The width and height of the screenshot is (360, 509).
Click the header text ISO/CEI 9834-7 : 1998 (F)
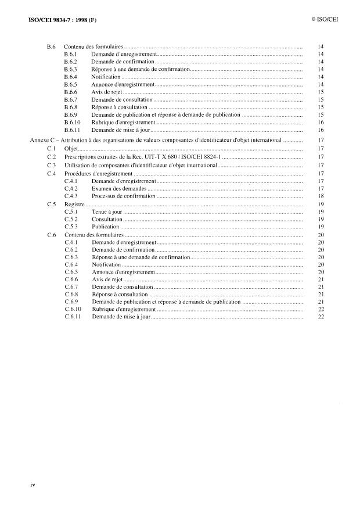pyautogui.click(x=54, y=20)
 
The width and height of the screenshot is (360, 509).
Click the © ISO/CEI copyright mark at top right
pyautogui.click(x=325, y=20)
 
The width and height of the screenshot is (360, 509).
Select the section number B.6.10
pyautogui.click(x=72, y=123)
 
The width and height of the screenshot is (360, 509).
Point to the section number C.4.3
pyautogui.click(x=71, y=196)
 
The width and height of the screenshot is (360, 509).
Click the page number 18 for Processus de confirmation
pyautogui.click(x=321, y=196)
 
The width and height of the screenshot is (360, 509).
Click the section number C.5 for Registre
pyautogui.click(x=52, y=204)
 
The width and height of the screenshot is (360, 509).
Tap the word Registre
pyautogui.click(x=74, y=204)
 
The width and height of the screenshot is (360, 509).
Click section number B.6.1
pyautogui.click(x=70, y=54)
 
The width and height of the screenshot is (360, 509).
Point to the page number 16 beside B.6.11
pyautogui.click(x=321, y=130)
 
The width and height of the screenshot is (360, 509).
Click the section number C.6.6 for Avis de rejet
pyautogui.click(x=71, y=279)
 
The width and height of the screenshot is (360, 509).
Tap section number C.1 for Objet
pyautogui.click(x=52, y=149)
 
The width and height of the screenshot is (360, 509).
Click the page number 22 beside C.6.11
pyautogui.click(x=321, y=317)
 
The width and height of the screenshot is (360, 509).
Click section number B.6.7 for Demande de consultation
pyautogui.click(x=70, y=100)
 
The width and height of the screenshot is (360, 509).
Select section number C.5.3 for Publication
pyautogui.click(x=71, y=227)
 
